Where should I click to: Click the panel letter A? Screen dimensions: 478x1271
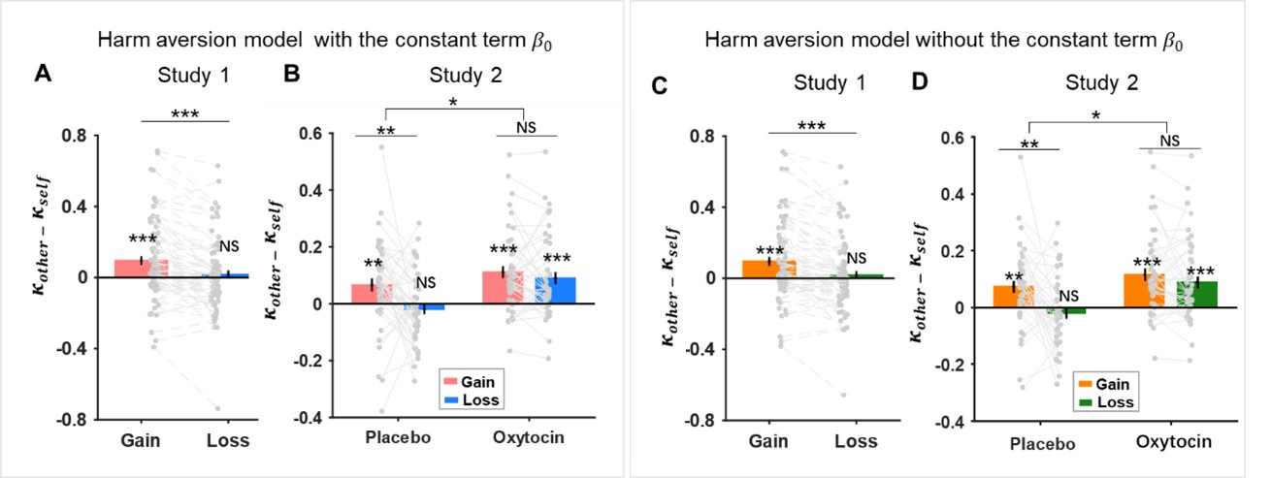[x=42, y=74]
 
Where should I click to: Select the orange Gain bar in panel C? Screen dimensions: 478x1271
[x=768, y=269]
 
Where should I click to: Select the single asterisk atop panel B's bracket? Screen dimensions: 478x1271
[x=455, y=101]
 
